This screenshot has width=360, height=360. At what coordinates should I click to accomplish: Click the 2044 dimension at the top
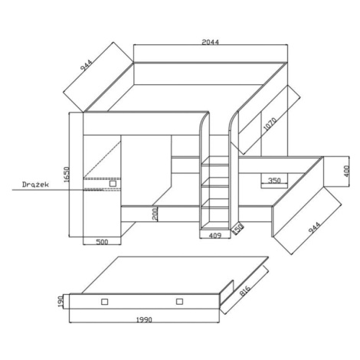click(x=211, y=42)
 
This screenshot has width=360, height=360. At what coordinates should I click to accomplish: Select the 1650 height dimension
click(x=67, y=175)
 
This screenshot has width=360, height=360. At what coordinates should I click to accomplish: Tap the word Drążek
click(x=35, y=185)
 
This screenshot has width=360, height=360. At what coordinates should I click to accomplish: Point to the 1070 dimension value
click(x=270, y=124)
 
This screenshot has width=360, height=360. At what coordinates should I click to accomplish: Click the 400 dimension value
click(x=346, y=172)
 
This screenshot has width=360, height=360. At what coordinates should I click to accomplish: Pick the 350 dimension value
click(x=274, y=181)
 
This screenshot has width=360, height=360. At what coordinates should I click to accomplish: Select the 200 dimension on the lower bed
click(x=155, y=214)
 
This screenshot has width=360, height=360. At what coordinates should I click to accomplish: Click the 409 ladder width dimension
click(x=215, y=235)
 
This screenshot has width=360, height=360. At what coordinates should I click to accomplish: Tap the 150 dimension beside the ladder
click(x=237, y=229)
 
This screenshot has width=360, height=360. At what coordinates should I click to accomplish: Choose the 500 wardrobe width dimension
click(x=102, y=241)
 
